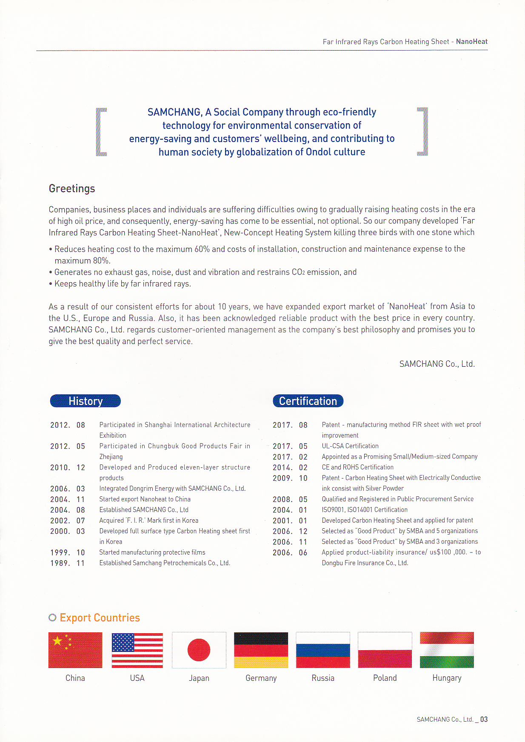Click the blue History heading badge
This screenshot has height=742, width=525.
pos(86,401)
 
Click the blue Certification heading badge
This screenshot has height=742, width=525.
pos(308,401)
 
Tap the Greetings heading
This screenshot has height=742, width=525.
pos(72,188)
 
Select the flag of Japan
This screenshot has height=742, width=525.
pos(199,650)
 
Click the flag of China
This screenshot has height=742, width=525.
pos(75,650)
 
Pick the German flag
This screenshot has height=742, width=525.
pos(261,650)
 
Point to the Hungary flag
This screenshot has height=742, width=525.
pos(447,650)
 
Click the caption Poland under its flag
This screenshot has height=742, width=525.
pos(385,678)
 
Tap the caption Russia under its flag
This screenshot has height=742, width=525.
pos(323,678)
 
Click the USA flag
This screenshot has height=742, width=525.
pos(137,650)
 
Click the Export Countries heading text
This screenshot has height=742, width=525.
pos(100,617)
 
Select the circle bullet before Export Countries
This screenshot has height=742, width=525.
pos(52,617)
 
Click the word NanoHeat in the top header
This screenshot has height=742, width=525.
pos(472,42)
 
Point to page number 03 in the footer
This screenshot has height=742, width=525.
pos(484,719)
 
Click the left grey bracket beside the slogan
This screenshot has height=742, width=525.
pos(101,132)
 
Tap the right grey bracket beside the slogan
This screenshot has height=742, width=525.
pos(422,132)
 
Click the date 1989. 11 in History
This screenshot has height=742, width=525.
pos(68,563)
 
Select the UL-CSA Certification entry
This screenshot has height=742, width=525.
pos(350,446)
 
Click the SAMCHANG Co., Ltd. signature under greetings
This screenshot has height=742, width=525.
pos(437,364)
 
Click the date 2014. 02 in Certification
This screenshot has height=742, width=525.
pos(290,467)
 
